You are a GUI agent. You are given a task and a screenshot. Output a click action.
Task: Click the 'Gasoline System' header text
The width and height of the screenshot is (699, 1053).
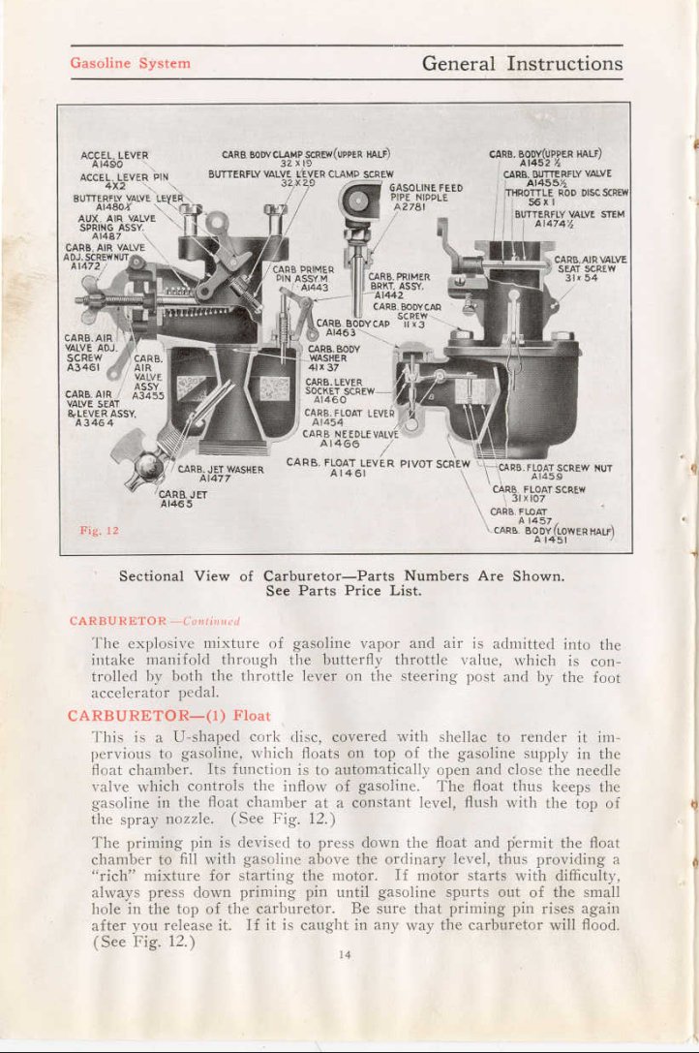click(130, 64)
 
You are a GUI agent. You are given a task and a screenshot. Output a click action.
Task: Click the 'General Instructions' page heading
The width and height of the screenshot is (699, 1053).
click(522, 64)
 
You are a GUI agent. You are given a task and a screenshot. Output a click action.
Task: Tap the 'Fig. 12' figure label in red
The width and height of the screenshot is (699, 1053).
click(98, 531)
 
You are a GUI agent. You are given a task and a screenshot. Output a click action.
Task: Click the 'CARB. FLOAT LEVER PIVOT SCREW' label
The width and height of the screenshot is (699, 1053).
click(378, 462)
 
